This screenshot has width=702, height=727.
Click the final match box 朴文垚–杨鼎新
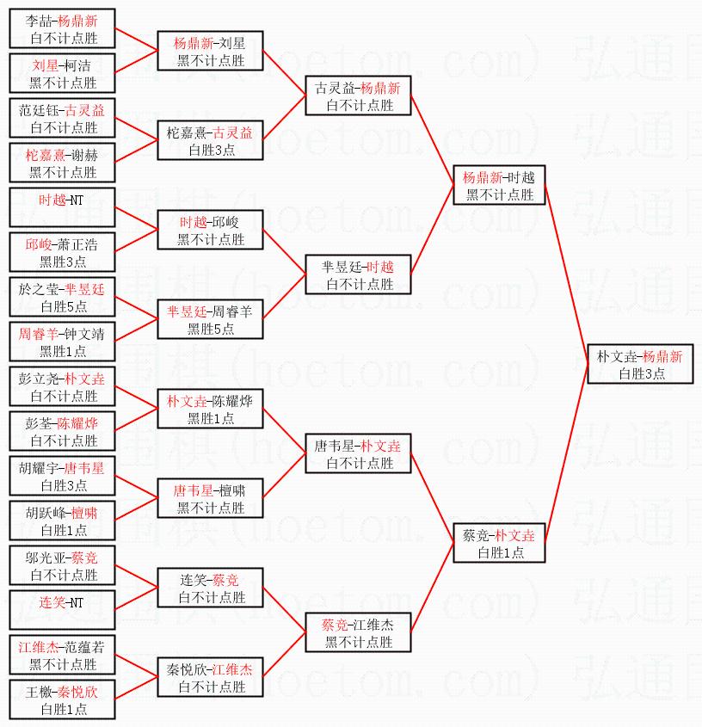pos(639,364)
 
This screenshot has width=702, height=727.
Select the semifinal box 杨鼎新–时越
pos(499,185)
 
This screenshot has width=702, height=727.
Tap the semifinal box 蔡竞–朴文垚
pos(499,543)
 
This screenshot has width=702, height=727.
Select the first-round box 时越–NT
pos(62,207)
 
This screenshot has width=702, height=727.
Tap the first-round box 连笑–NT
pos(62,610)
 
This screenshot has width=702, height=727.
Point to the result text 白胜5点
pos(63,306)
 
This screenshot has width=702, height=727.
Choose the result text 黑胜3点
pos(63,262)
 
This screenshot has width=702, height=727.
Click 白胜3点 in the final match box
pos(639,373)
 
